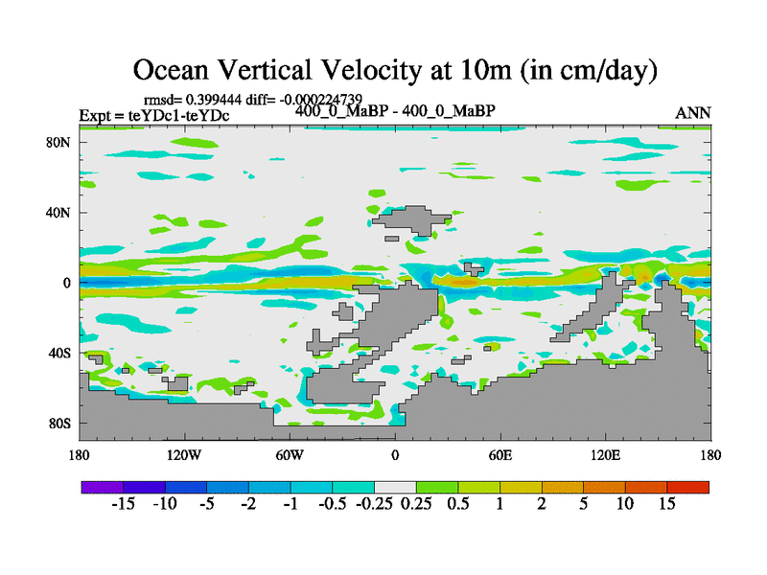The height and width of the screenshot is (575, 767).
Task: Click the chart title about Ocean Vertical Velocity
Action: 394,70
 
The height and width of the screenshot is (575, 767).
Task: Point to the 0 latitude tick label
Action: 68,283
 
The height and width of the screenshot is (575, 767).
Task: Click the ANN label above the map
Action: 693,113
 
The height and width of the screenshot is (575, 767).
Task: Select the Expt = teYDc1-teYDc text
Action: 153,116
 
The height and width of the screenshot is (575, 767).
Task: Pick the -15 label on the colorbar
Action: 123,504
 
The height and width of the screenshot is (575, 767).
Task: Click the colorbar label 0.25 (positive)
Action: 416,504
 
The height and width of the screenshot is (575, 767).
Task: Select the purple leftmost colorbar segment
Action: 102,487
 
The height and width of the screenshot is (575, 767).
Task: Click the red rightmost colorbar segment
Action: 687,487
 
